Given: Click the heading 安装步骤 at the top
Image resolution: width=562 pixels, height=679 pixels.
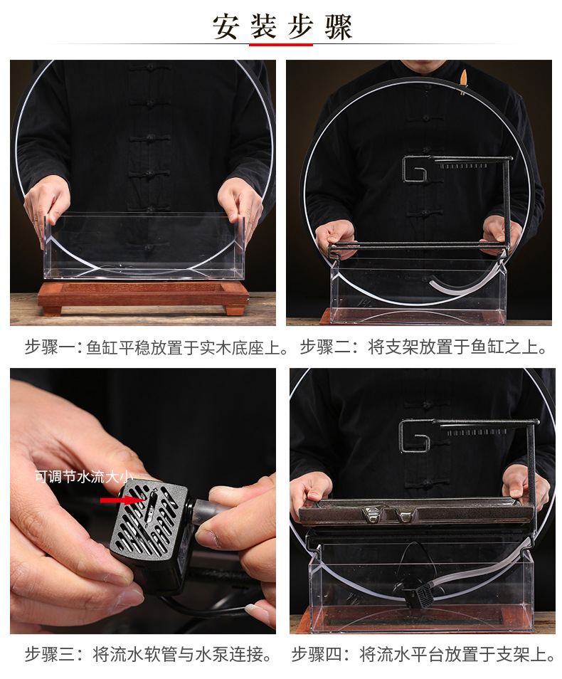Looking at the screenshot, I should (282, 27).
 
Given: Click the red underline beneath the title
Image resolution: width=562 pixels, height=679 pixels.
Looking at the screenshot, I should (281, 45).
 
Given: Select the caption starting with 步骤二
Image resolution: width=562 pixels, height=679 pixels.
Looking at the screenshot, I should (425, 348).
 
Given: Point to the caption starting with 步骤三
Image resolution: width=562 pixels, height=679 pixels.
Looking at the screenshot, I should (149, 655).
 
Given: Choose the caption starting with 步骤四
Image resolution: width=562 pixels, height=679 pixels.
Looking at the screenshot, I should (423, 655).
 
